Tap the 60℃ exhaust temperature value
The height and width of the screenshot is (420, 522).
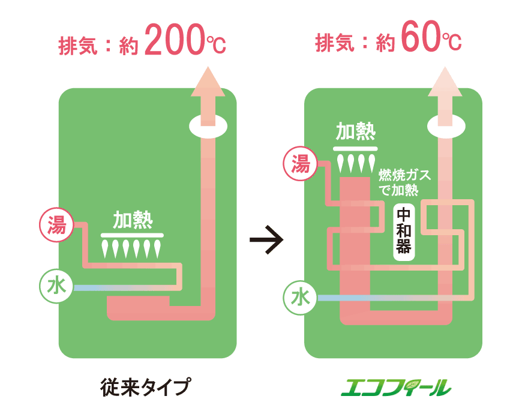[x=430, y=41]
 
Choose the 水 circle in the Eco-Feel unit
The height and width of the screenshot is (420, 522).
[x=300, y=298]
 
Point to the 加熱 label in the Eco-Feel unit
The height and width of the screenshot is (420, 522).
[x=355, y=132]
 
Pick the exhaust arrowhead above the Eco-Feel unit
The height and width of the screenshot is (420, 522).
[x=445, y=83]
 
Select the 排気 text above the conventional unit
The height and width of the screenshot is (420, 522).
[x=77, y=44]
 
